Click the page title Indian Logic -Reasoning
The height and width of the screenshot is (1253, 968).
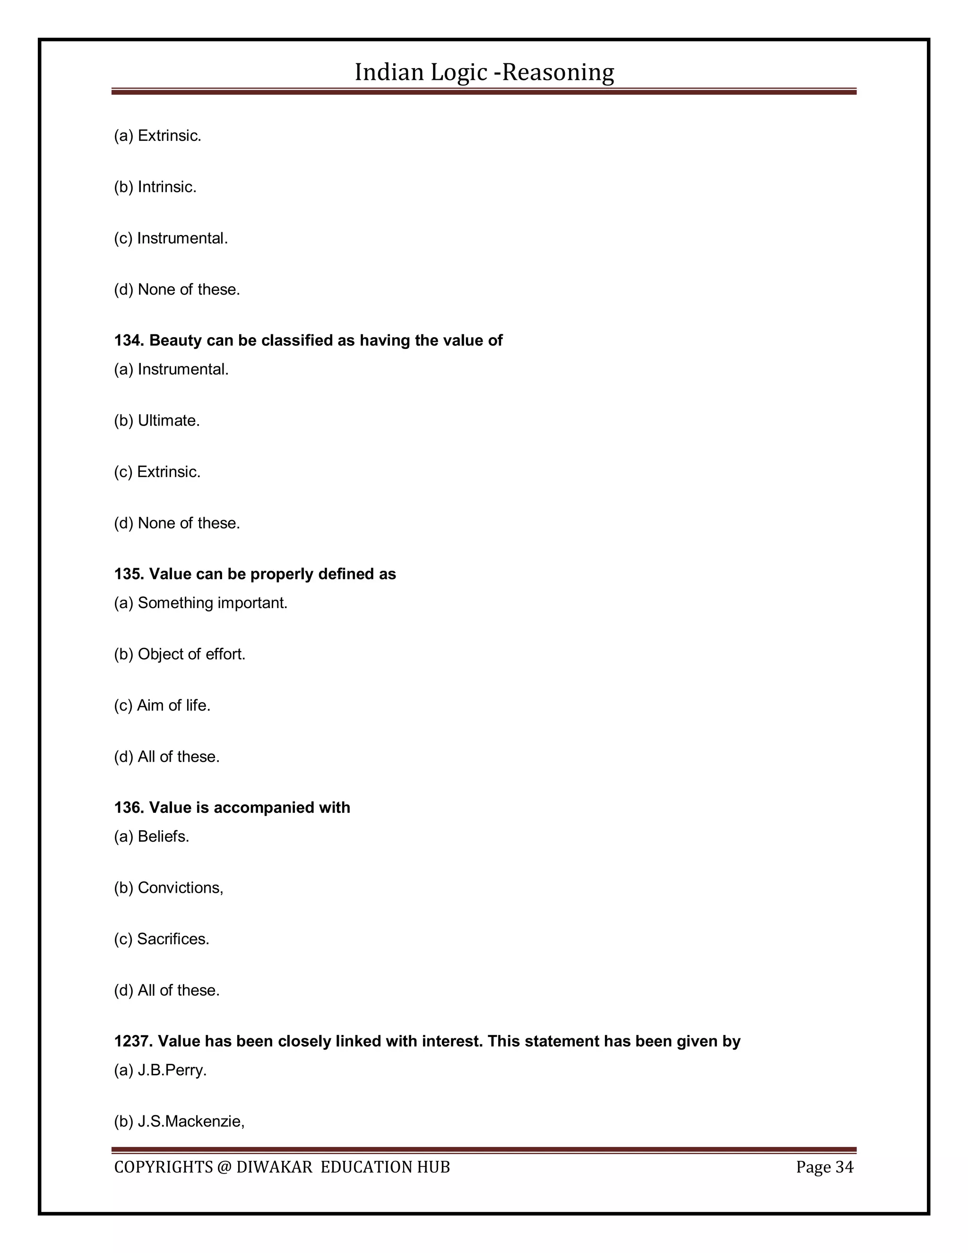[484, 72]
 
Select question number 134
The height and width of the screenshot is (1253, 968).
[129, 341]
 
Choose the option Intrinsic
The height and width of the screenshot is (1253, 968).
[166, 187]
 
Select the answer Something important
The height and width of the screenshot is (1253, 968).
[212, 603]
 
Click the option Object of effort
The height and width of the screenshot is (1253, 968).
[191, 654]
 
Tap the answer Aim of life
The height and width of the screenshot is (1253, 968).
[173, 705]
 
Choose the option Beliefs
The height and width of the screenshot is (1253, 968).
[163, 836]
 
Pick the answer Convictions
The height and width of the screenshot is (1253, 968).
[180, 888]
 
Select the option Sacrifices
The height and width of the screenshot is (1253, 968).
[173, 939]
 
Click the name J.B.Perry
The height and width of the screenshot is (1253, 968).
[172, 1070]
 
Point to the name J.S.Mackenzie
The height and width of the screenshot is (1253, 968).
[190, 1122]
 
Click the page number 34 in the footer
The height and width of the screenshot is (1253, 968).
[844, 1167]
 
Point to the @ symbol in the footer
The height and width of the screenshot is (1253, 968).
[224, 1167]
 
